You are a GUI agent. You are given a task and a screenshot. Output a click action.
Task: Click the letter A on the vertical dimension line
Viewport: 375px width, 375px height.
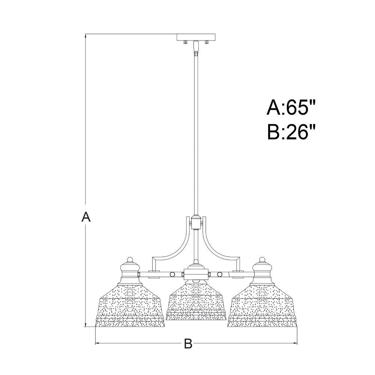86,217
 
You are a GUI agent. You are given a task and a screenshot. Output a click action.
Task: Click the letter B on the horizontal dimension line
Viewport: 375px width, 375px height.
188,343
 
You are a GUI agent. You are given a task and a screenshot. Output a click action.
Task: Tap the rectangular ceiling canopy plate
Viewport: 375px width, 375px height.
196,37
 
